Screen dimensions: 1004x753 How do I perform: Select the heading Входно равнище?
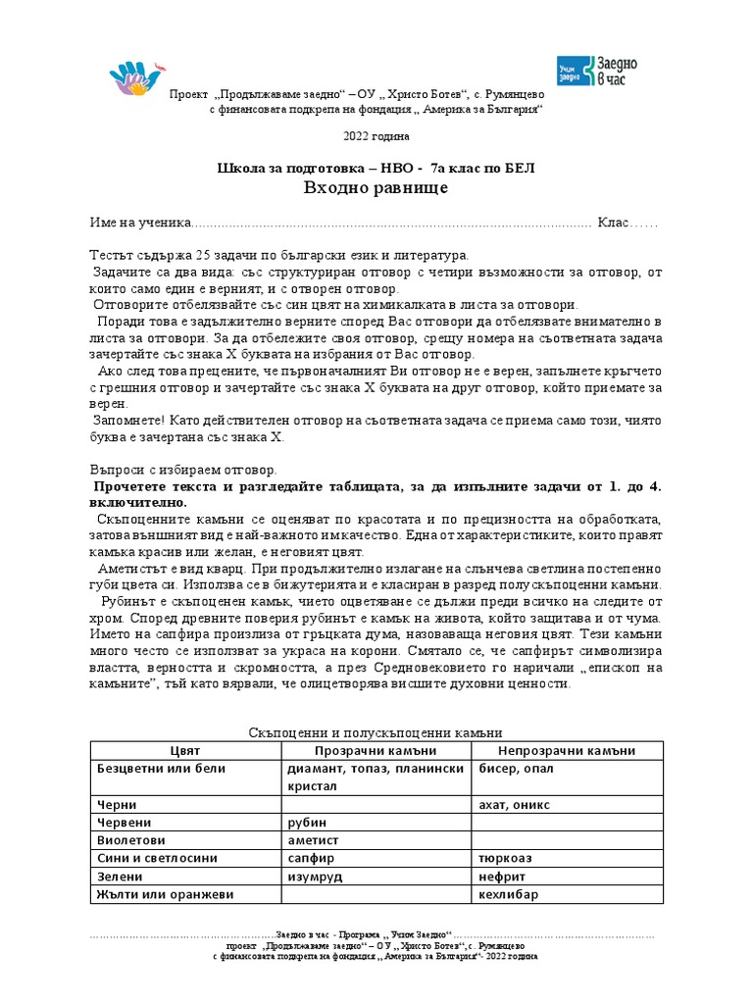[376, 188]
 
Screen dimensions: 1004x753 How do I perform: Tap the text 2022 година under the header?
[376, 135]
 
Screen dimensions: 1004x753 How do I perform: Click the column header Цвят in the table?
[185, 751]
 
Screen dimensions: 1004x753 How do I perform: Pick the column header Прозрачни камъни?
[376, 751]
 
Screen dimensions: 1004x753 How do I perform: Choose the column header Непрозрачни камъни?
[568, 751]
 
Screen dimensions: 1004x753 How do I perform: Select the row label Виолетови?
[131, 840]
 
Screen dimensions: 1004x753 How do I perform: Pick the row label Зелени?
[122, 877]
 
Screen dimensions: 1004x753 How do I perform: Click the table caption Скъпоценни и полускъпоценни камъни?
[376, 732]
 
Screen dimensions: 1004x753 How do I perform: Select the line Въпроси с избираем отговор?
[185, 471]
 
